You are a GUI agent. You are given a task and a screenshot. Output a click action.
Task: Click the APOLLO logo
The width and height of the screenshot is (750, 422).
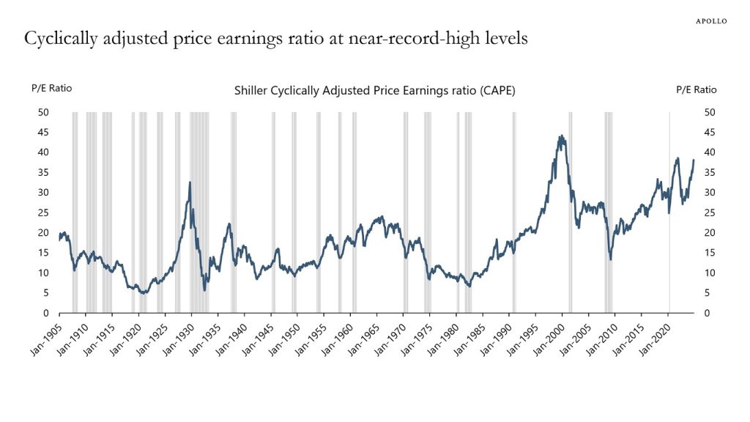pyautogui.click(x=710, y=21)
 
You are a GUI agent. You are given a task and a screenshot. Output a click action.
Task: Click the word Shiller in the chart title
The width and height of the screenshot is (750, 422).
pyautogui.click(x=251, y=91)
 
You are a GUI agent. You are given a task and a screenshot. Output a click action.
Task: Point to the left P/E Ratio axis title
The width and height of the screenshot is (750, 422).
pyautogui.click(x=51, y=89)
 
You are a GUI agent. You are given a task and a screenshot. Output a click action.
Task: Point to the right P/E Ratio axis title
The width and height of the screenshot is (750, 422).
pyautogui.click(x=696, y=89)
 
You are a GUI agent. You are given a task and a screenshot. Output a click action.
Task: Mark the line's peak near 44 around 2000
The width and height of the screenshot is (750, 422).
pyautogui.click(x=561, y=136)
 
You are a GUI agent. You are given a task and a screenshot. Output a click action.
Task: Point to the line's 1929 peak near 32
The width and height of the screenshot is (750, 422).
pyautogui.click(x=190, y=182)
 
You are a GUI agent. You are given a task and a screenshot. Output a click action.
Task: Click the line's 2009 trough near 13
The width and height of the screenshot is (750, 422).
pyautogui.click(x=611, y=259)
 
